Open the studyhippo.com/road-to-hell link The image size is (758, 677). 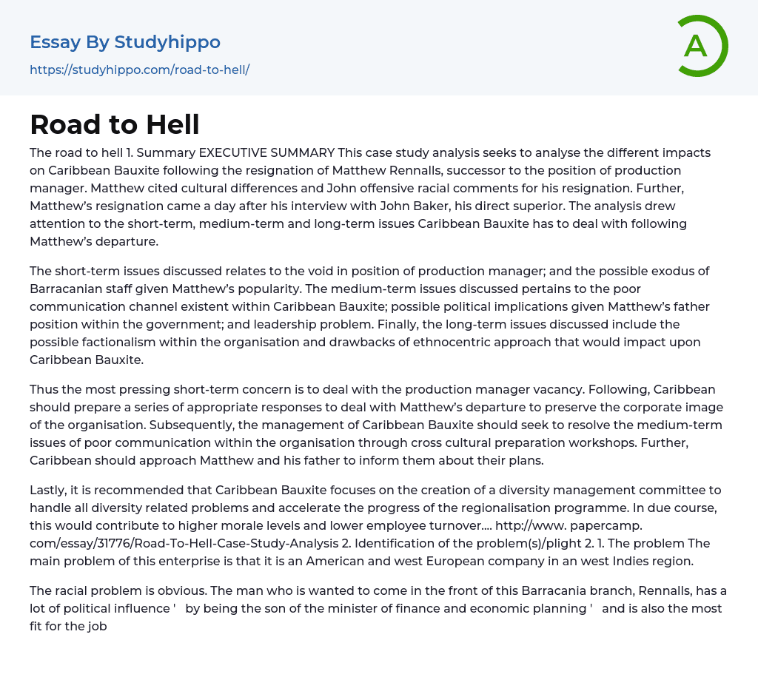coord(139,70)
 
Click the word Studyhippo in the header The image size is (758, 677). coord(167,42)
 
